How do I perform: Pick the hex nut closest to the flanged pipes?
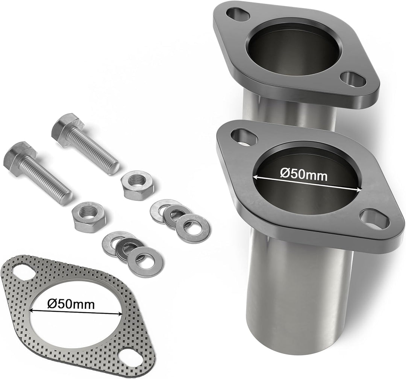137,184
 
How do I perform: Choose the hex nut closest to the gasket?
89,216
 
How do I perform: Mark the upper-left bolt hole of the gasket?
24,271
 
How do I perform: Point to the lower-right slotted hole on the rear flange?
353,79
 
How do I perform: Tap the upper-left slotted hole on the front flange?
244,137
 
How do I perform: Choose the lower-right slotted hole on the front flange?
374,219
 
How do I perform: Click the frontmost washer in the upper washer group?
193,228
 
